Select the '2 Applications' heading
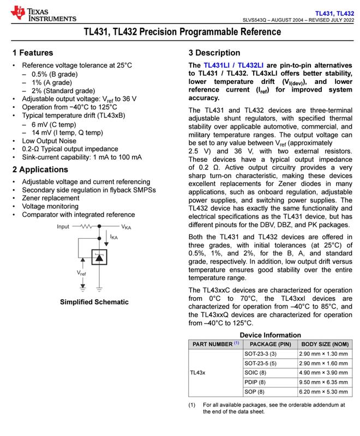pyautogui.click(x=41, y=168)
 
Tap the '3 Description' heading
pyautogui.click(x=214, y=53)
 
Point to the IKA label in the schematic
pyautogui.click(x=114, y=238)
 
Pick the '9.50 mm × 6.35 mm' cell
pyautogui.click(x=323, y=382)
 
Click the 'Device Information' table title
pyautogui.click(x=270, y=335)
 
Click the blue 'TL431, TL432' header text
pyautogui.click(x=334, y=12)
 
